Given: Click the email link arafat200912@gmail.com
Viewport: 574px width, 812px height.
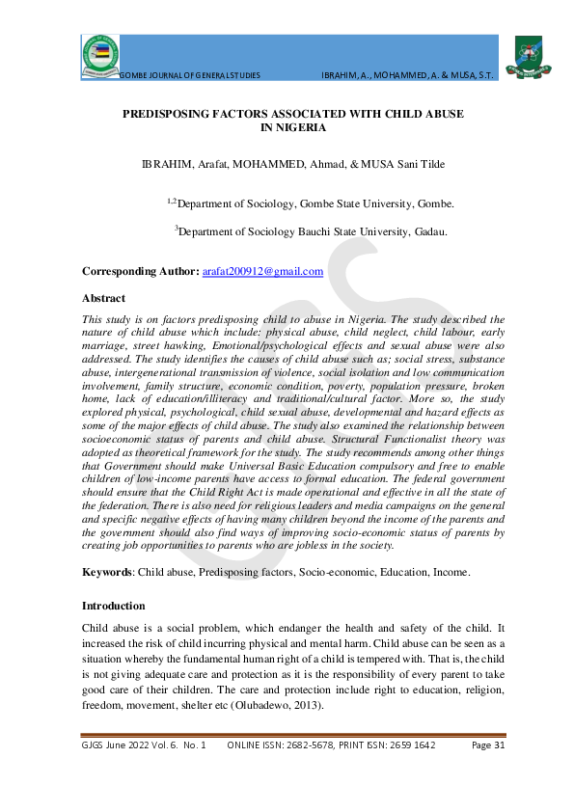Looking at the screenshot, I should point(262,273).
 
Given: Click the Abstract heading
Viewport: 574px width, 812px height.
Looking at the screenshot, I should point(103,298).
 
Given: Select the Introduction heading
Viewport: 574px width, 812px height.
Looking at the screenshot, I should point(113,606).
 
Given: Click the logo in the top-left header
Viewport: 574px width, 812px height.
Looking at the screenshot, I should point(100,54).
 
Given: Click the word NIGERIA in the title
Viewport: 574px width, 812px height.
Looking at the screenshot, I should point(293,127).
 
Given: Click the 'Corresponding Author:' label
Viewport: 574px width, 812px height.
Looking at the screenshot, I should point(141,273).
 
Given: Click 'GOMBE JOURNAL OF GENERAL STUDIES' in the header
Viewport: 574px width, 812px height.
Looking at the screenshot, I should point(189,74).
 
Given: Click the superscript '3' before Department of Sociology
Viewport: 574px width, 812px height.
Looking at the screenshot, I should point(176,228).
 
